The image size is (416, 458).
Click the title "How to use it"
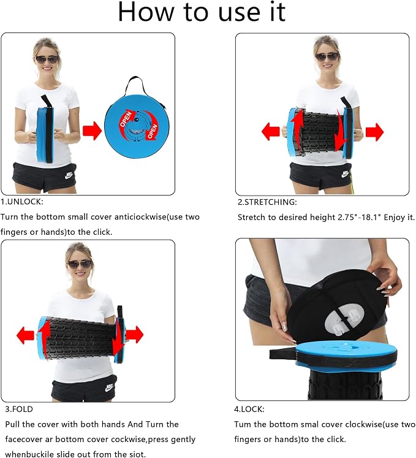tap(202, 12)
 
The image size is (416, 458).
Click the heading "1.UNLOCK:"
tap(22, 202)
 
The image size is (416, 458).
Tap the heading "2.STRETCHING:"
tap(267, 202)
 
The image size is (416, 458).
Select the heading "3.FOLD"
tap(19, 409)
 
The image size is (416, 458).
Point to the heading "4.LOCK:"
tap(249, 409)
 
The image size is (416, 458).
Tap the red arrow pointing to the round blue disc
tap(92, 131)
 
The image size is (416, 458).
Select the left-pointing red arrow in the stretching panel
tap(271, 131)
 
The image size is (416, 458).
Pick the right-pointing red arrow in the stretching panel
tap(374, 132)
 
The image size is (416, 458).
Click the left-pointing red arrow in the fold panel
tap(26, 335)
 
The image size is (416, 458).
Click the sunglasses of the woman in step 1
tap(47, 60)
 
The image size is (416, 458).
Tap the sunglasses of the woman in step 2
tap(327, 56)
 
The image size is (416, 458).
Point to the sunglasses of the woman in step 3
tap(80, 265)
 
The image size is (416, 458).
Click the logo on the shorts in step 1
tap(69, 175)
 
